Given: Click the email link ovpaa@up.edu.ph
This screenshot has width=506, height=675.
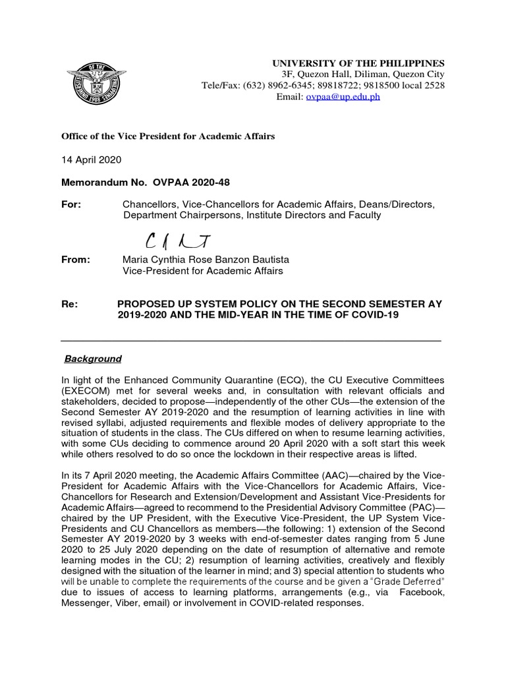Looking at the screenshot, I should click(343, 96).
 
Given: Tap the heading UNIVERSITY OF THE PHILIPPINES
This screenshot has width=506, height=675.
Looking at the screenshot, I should click(359, 63).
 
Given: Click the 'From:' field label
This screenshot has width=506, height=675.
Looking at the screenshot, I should click(75, 260).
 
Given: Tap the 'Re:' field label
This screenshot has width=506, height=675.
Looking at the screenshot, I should click(69, 304).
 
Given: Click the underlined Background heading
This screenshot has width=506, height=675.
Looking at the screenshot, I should click(93, 359).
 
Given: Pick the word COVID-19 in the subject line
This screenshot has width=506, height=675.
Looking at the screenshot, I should click(375, 315).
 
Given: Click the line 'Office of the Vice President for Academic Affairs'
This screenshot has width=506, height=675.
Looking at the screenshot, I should click(168, 136).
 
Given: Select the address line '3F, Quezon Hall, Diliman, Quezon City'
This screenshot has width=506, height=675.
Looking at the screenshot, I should click(363, 74).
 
